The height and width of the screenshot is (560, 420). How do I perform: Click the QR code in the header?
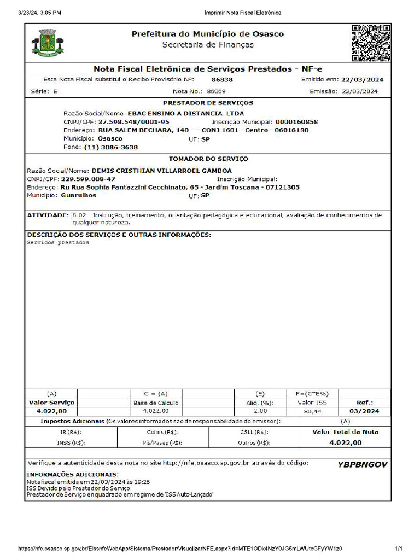[371, 43]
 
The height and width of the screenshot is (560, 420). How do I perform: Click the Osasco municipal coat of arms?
[48, 43]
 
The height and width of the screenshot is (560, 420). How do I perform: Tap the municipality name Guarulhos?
[78, 195]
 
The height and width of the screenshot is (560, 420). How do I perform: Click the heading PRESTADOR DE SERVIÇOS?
[208, 103]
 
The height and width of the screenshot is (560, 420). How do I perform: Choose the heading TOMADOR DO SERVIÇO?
[208, 159]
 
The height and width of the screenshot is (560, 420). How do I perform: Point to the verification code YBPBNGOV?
[363, 464]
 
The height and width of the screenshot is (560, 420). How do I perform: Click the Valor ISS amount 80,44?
[312, 411]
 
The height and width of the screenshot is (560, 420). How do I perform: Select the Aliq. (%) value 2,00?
[260, 411]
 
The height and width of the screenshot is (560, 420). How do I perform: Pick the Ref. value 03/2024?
[364, 411]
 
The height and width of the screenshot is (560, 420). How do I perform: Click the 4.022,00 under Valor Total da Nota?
[345, 442]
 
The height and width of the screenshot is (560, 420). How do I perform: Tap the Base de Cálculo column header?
[156, 402]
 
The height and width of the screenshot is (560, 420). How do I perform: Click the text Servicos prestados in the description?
[58, 242]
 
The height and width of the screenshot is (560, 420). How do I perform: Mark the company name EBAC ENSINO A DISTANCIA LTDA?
[185, 113]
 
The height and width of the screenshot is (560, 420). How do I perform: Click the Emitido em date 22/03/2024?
[362, 80]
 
